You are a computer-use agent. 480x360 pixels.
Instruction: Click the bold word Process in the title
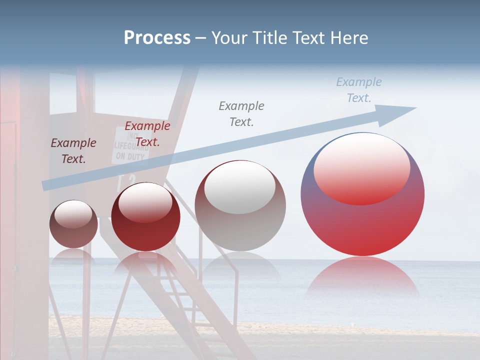[x=157, y=38]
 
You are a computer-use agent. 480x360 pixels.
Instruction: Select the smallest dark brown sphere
[x=73, y=224]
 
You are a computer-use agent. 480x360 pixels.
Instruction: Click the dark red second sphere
[x=145, y=216]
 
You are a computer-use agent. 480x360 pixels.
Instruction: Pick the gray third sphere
[x=240, y=205]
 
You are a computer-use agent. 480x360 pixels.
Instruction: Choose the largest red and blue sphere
[x=362, y=194]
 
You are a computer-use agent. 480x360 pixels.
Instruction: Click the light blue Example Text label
[x=359, y=90]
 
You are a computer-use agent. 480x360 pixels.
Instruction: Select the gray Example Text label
[x=241, y=113]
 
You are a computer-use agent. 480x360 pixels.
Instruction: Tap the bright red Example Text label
[x=147, y=134]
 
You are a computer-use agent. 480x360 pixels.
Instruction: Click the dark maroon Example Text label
[x=73, y=151]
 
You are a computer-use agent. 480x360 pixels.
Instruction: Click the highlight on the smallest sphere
[x=73, y=214]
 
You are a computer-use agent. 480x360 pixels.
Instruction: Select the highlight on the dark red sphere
[x=145, y=202]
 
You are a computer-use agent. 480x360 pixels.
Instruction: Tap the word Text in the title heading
[x=309, y=38]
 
